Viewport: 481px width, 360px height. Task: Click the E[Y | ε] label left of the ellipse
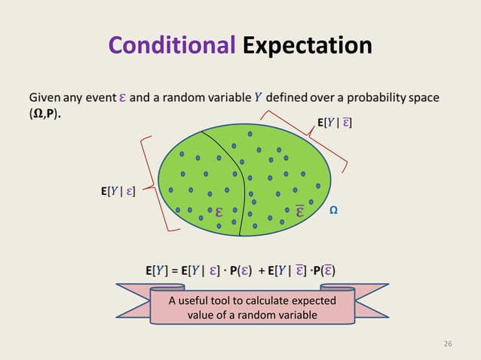coord(118,192)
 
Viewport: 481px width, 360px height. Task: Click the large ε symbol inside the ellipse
coord(219,212)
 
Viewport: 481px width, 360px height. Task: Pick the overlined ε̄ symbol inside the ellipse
coord(299,210)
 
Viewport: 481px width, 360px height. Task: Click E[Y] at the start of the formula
coord(157,270)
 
